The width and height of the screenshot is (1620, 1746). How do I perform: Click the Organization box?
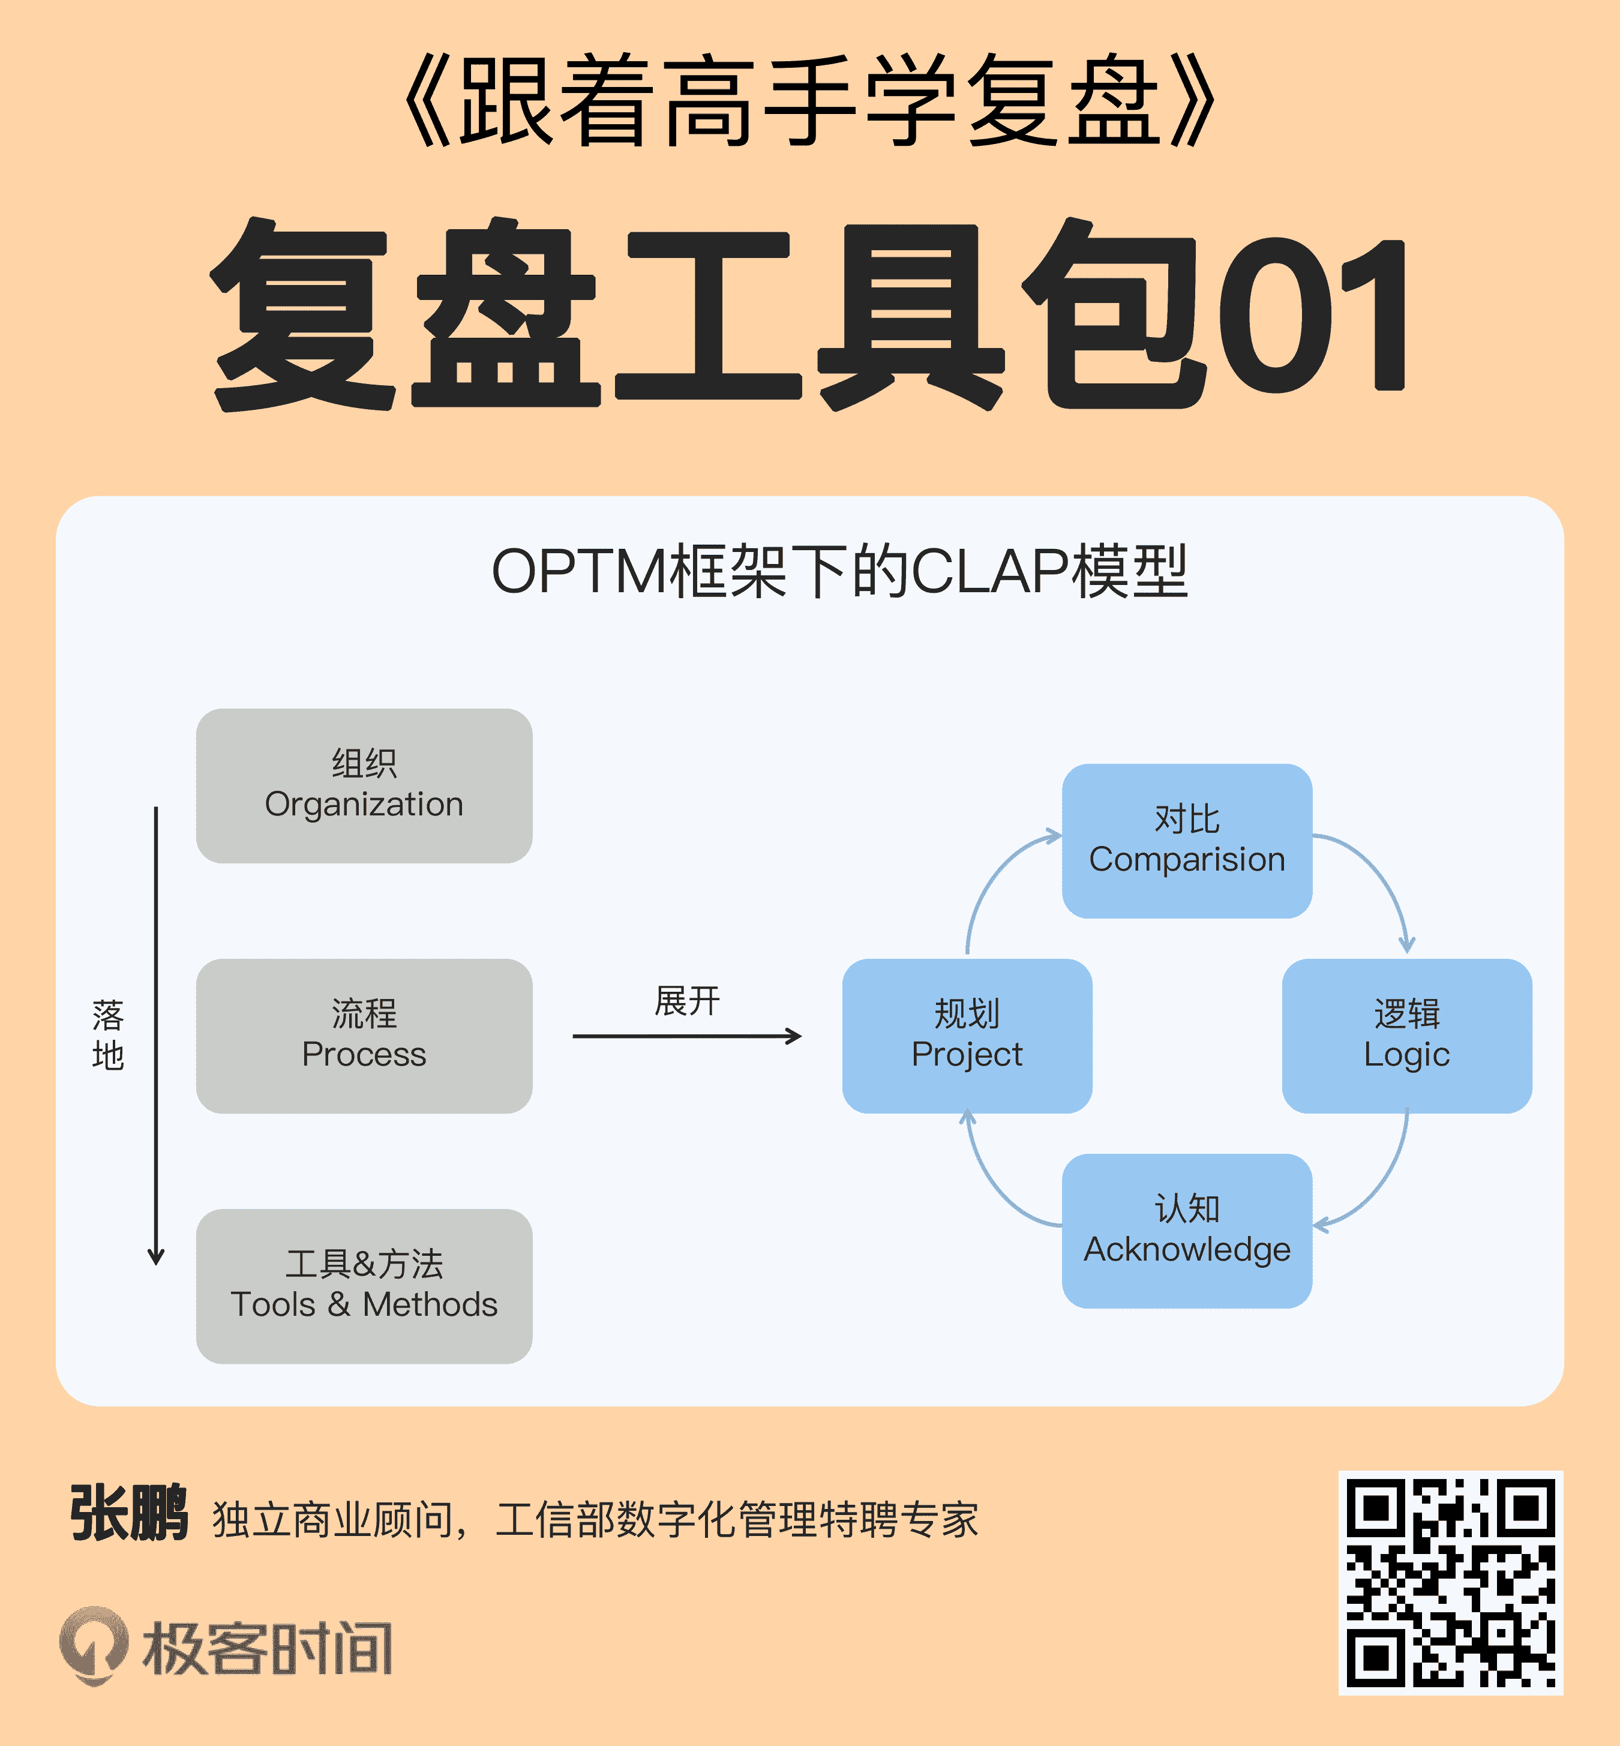pos(364,785)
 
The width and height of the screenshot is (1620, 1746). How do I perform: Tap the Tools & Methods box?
pos(364,1285)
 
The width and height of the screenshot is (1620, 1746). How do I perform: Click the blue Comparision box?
pos(1186,841)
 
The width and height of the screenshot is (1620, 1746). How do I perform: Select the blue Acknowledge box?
pos(1186,1230)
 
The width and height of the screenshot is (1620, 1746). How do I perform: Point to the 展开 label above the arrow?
pos(687,1000)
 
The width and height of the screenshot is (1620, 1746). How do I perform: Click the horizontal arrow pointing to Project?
pos(686,1036)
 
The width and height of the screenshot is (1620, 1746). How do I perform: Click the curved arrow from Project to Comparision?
pos(991,877)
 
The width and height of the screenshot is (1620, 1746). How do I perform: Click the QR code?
pos(1450,1582)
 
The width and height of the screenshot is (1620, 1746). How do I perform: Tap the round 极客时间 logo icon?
pos(94,1645)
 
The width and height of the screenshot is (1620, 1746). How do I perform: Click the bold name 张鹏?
pos(129,1514)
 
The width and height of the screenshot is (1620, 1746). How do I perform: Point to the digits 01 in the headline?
pos(1310,316)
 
